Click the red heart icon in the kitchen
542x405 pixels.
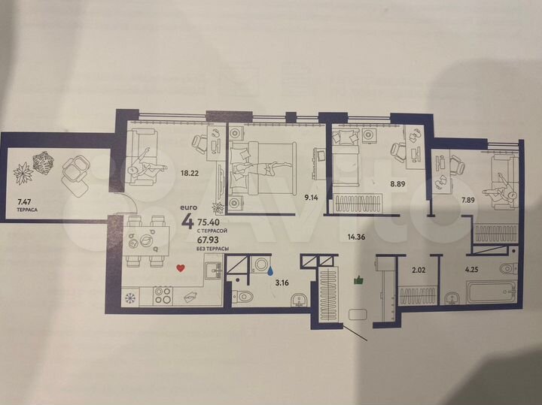pyautogui.click(x=180, y=267)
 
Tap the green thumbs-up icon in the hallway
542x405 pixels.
pyautogui.click(x=358, y=280)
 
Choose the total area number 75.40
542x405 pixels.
pyautogui.click(x=209, y=223)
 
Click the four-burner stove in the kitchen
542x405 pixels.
pyautogui.click(x=164, y=296)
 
